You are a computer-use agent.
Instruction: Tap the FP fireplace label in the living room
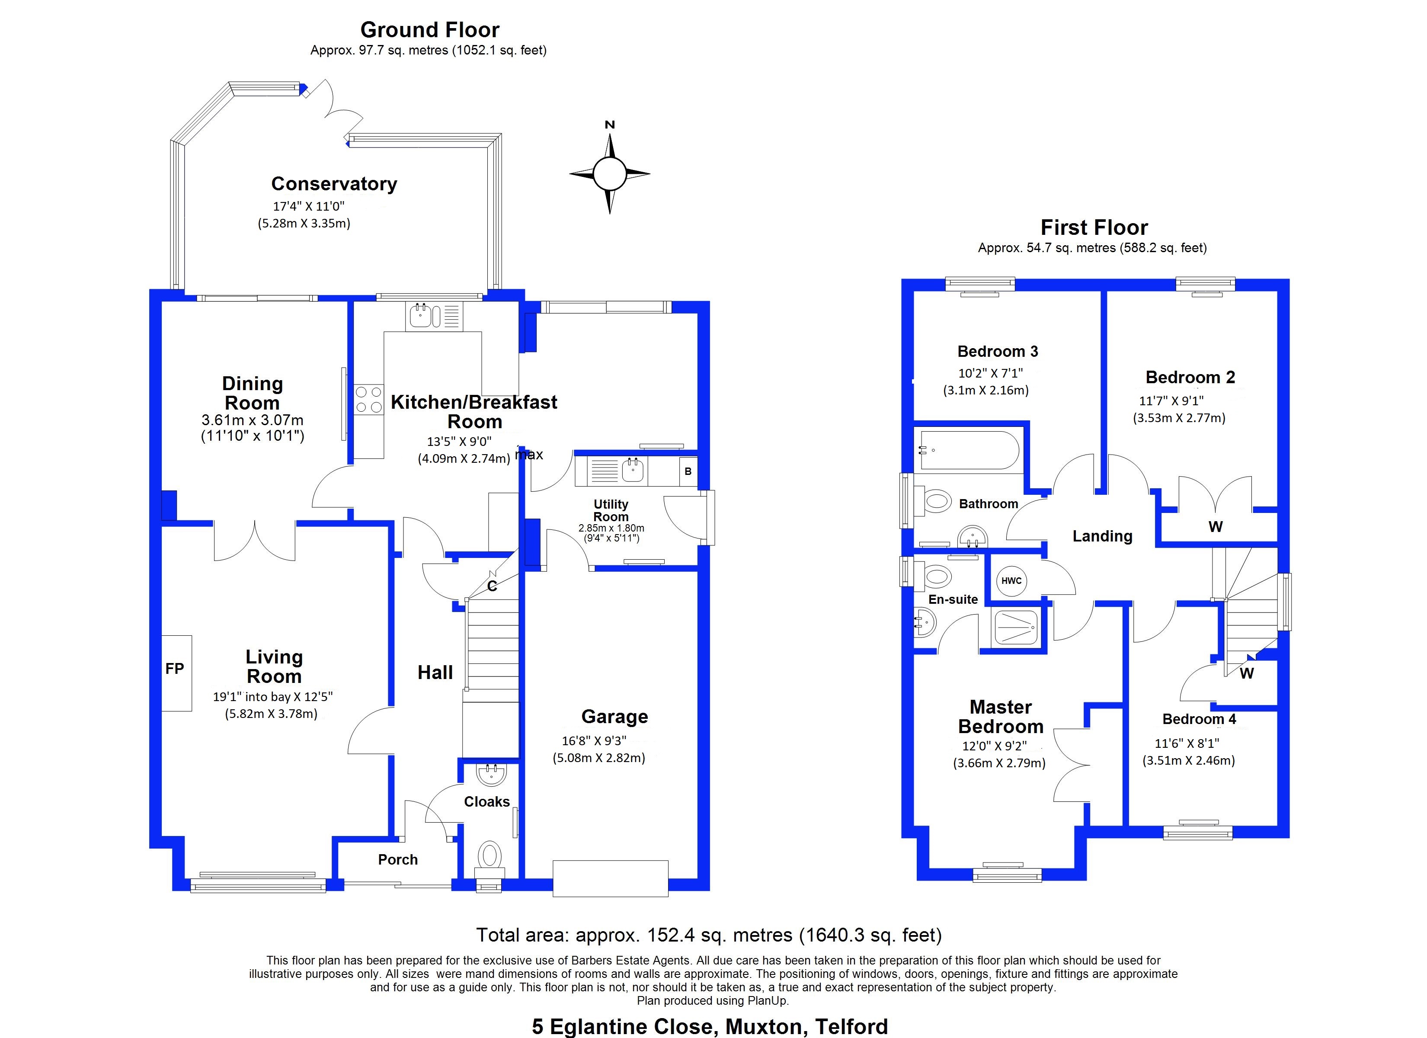point(175,669)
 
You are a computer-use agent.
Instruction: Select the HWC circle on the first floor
point(1011,581)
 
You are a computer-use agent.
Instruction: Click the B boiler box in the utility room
point(688,471)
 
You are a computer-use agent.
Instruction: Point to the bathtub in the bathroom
point(969,450)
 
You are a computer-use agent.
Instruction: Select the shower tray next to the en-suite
point(1014,627)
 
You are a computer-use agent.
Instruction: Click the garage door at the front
point(610,878)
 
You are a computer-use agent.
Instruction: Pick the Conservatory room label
point(334,184)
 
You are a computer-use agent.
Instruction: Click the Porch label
point(398,859)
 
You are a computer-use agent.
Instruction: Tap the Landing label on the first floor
point(1102,536)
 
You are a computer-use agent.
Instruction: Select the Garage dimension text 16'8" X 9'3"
point(594,741)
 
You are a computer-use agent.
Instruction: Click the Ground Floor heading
point(430,29)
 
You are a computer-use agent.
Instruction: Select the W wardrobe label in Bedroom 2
point(1215,527)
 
